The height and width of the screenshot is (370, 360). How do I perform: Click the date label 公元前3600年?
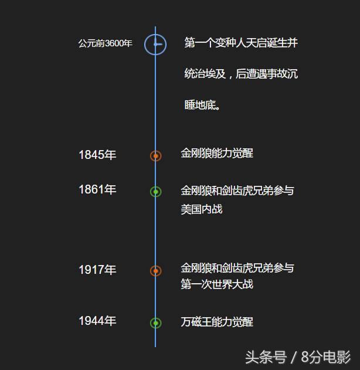105,43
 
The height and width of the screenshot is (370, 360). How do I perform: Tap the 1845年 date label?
97,155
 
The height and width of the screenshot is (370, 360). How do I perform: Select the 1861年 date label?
97,189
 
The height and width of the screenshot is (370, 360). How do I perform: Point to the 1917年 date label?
97,270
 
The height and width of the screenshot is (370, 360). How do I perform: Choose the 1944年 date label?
97,321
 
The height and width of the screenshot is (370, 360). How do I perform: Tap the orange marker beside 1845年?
156,156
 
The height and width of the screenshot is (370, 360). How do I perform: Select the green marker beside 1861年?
156,192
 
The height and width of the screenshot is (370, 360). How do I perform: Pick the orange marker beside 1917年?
156,271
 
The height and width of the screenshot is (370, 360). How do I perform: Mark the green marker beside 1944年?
156,323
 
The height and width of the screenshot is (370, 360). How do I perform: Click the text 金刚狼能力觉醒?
217,153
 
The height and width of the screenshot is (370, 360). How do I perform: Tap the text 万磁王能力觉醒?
217,322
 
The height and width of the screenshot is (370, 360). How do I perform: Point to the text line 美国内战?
202,209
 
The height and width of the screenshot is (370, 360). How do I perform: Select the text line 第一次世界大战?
217,284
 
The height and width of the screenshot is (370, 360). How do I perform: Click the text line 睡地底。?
202,105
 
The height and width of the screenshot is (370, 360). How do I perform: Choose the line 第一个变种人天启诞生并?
241,43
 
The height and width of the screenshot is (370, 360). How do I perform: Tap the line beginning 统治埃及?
241,74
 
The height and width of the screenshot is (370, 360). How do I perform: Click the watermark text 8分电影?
326,357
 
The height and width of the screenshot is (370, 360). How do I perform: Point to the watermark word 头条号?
266,357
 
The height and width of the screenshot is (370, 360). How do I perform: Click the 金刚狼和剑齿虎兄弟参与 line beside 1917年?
237,268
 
